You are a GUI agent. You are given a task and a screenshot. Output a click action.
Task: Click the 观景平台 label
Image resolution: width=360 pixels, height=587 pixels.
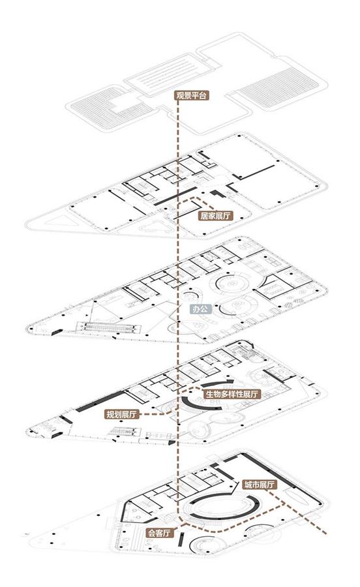191,95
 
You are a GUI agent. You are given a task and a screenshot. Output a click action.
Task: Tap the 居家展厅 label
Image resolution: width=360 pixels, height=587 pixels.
216,216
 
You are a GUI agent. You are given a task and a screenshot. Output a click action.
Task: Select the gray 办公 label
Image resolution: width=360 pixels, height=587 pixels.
201,309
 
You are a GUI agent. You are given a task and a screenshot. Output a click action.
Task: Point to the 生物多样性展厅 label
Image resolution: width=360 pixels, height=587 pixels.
232,394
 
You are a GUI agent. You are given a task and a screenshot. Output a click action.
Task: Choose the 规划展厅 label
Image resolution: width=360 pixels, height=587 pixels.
122,414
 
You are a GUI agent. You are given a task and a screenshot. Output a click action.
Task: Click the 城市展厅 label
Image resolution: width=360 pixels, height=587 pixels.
260,485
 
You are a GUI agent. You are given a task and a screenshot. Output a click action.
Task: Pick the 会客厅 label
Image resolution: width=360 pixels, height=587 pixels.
160,533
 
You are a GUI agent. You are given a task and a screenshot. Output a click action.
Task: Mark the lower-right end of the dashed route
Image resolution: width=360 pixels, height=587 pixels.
325,533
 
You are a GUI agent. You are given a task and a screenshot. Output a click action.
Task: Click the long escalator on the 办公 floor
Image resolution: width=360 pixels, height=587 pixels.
108,327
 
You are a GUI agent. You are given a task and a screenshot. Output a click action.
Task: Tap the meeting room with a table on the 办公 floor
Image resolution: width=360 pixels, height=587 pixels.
276,287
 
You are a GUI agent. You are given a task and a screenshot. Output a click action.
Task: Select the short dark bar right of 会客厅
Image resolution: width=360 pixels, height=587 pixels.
181,539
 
